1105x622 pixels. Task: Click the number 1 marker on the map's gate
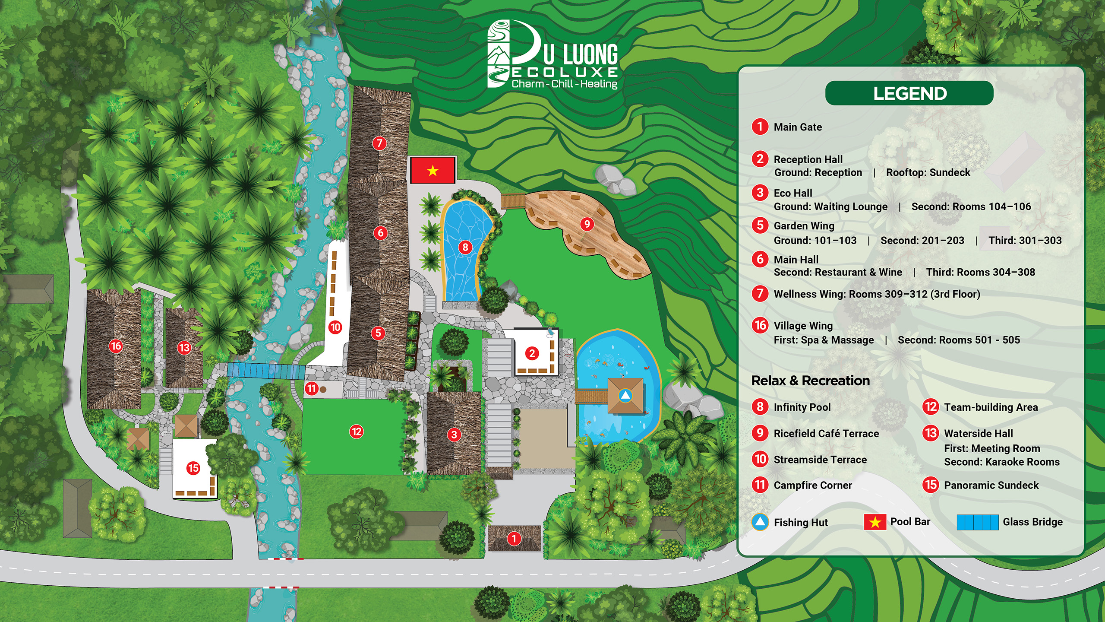[x=514, y=539]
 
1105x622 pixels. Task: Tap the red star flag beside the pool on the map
[x=433, y=171]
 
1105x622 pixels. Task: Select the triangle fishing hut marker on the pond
[x=625, y=395]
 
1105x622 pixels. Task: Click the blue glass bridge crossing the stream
[x=266, y=371]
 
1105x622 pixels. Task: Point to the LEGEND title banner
[x=909, y=93]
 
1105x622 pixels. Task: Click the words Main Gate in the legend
[x=798, y=127]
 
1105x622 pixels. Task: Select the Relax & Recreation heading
[x=810, y=381]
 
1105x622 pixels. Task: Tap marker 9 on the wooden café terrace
[x=587, y=224]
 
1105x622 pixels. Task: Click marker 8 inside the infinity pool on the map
[x=465, y=247]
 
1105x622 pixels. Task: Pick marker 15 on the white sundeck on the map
[x=193, y=468]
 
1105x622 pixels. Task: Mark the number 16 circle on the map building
[x=116, y=346]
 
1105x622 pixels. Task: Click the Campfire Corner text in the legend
[x=812, y=485]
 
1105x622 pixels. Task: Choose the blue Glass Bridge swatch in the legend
[x=977, y=522]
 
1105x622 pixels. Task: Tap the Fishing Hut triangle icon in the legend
[x=760, y=522]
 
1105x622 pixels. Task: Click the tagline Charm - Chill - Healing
[x=564, y=84]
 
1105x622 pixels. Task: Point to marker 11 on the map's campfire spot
[x=312, y=388]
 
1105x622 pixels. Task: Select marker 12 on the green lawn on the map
[x=357, y=432]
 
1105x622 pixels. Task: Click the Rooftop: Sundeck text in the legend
[x=928, y=172]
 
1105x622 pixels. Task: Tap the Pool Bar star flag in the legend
[x=875, y=522]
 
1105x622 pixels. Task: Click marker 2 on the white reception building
[x=532, y=353]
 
